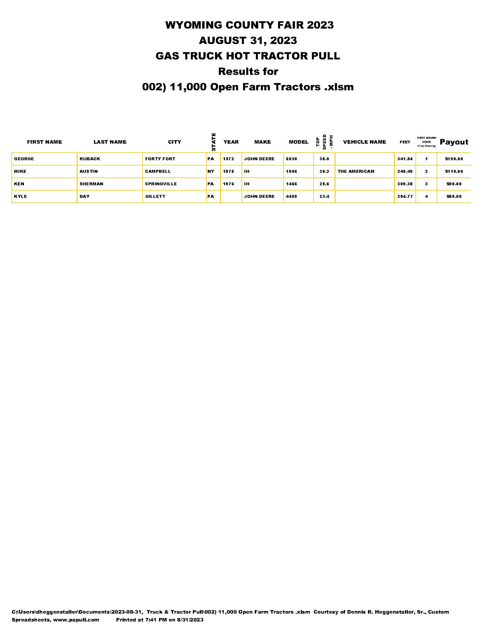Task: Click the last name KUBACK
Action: coord(90,159)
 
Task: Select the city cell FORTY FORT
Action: coord(160,159)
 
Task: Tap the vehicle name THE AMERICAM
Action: coord(356,171)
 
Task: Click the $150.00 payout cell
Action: coord(454,159)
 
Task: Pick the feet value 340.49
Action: coord(405,171)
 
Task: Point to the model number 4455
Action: coord(291,196)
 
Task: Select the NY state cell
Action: coord(211,171)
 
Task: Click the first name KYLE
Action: coord(20,196)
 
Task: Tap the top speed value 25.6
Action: coord(324,184)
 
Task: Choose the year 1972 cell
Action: coord(228,159)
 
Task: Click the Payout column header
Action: coord(454,142)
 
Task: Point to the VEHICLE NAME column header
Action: coord(364,142)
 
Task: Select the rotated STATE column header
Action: coord(214,142)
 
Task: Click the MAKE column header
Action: coord(262,142)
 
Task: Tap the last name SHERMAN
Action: coord(91,184)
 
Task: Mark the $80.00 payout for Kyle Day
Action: coord(454,196)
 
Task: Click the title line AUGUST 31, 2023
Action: coord(248,40)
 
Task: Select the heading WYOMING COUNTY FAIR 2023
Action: coord(249,25)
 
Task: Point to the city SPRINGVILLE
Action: coord(161,184)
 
